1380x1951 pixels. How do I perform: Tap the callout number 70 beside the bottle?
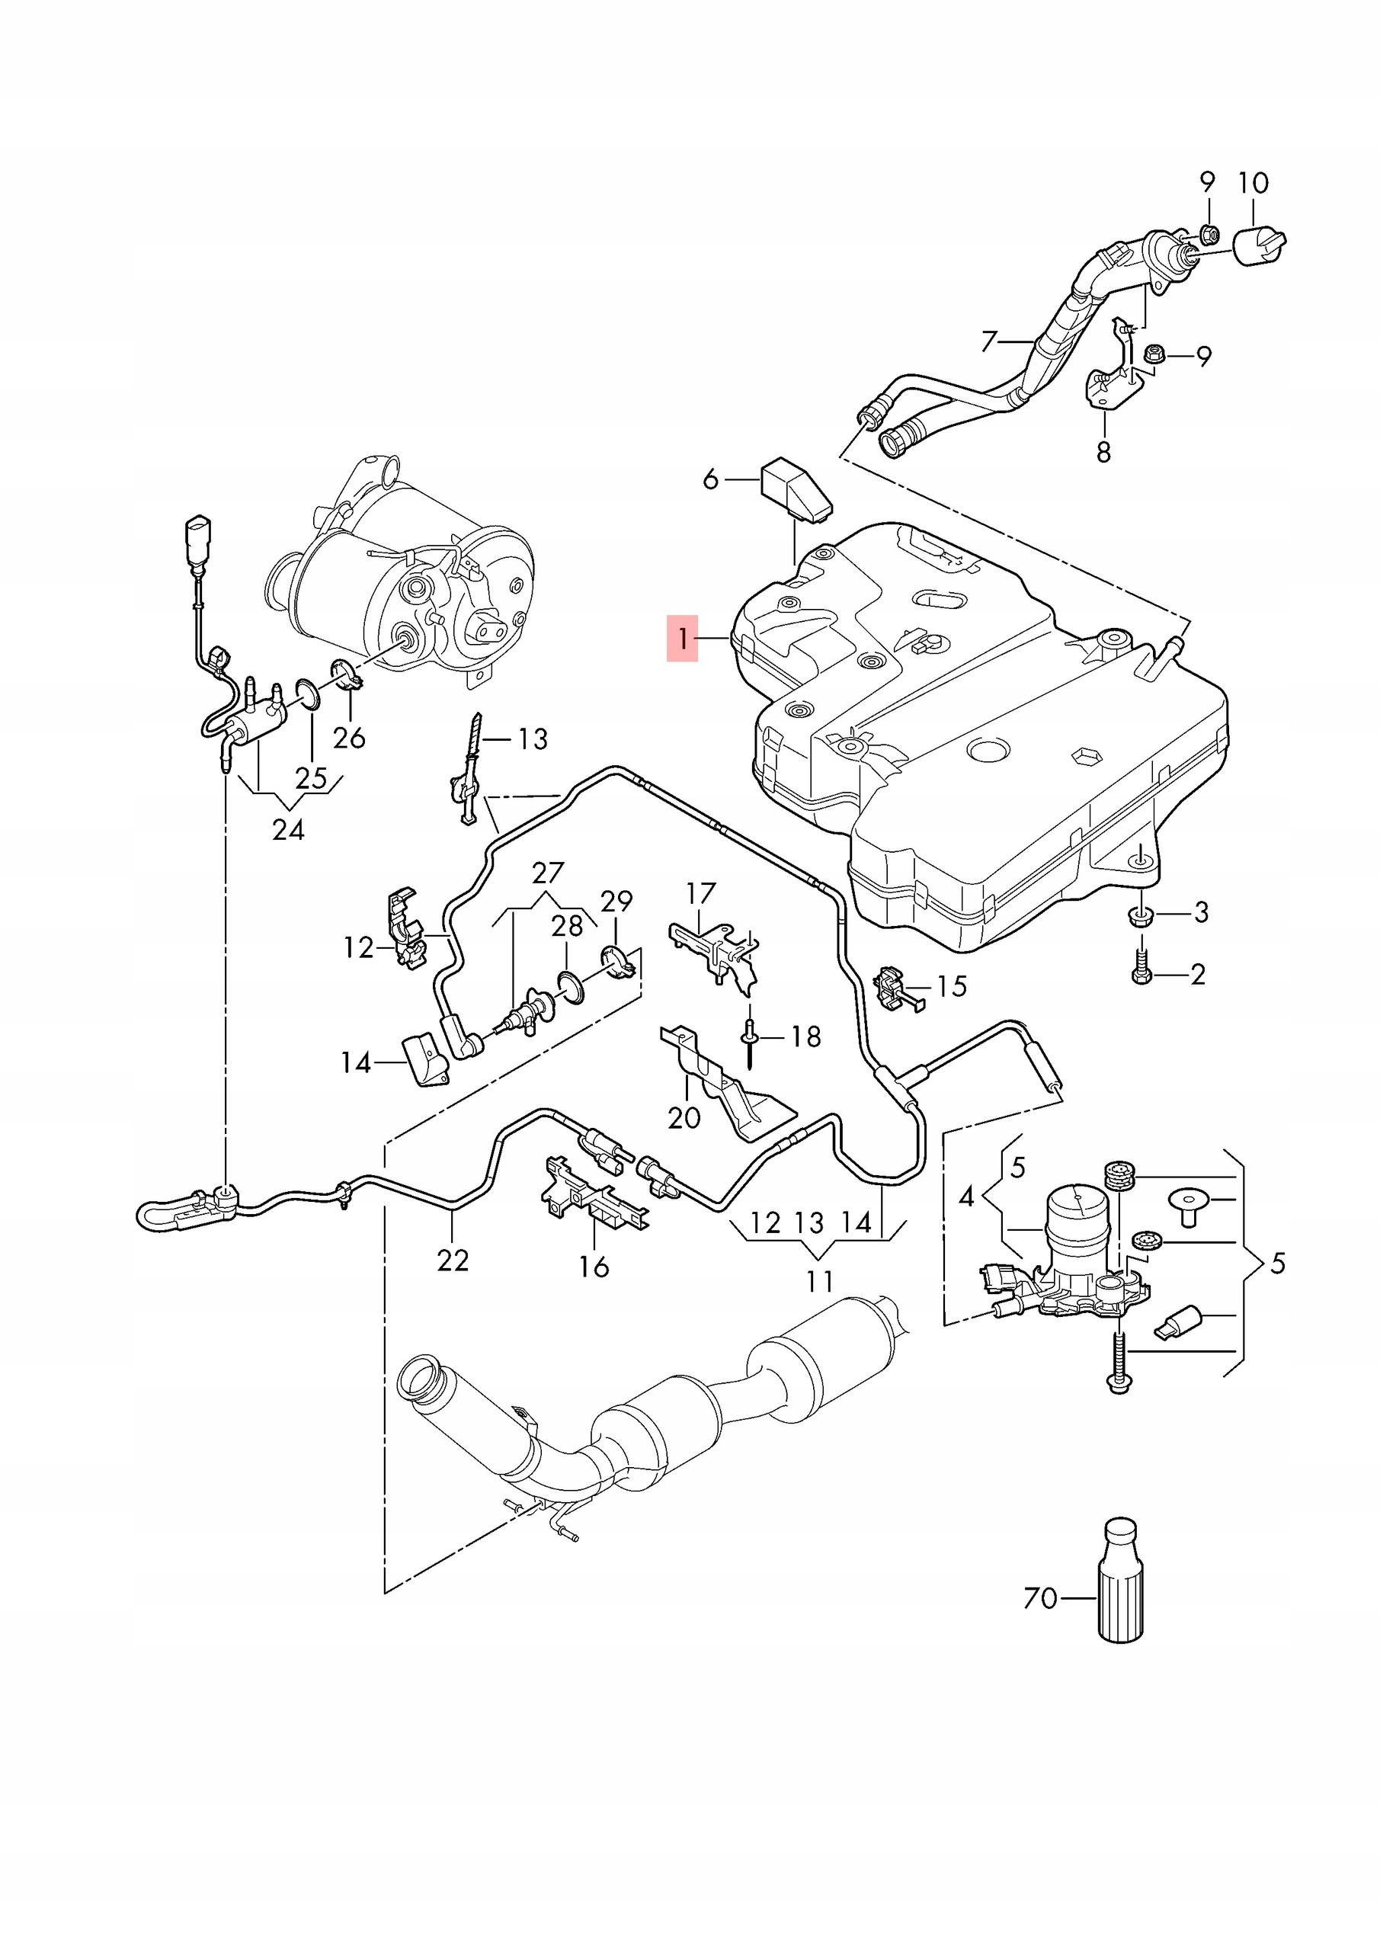click(1040, 1598)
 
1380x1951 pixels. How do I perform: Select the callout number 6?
click(710, 480)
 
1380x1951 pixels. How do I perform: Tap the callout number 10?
click(1254, 183)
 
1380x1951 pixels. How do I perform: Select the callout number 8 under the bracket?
click(1103, 452)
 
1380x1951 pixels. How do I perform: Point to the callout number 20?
click(684, 1117)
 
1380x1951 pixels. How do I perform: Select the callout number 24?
click(288, 829)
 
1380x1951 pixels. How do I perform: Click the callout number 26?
click(348, 737)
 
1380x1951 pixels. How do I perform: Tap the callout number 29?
click(617, 901)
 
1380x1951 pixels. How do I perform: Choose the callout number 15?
click(952, 985)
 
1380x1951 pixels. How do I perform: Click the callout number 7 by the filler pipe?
click(988, 341)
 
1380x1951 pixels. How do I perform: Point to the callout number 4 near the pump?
click(966, 1197)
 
